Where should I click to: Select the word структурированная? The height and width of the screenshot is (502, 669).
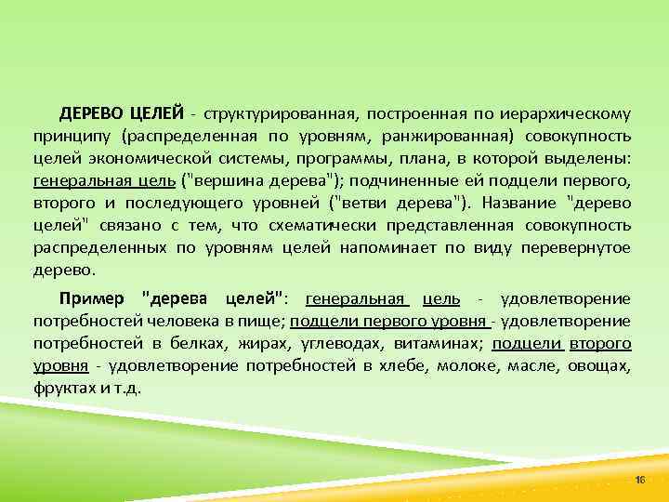coord(280,114)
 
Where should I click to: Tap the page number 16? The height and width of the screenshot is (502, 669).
coord(639,477)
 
